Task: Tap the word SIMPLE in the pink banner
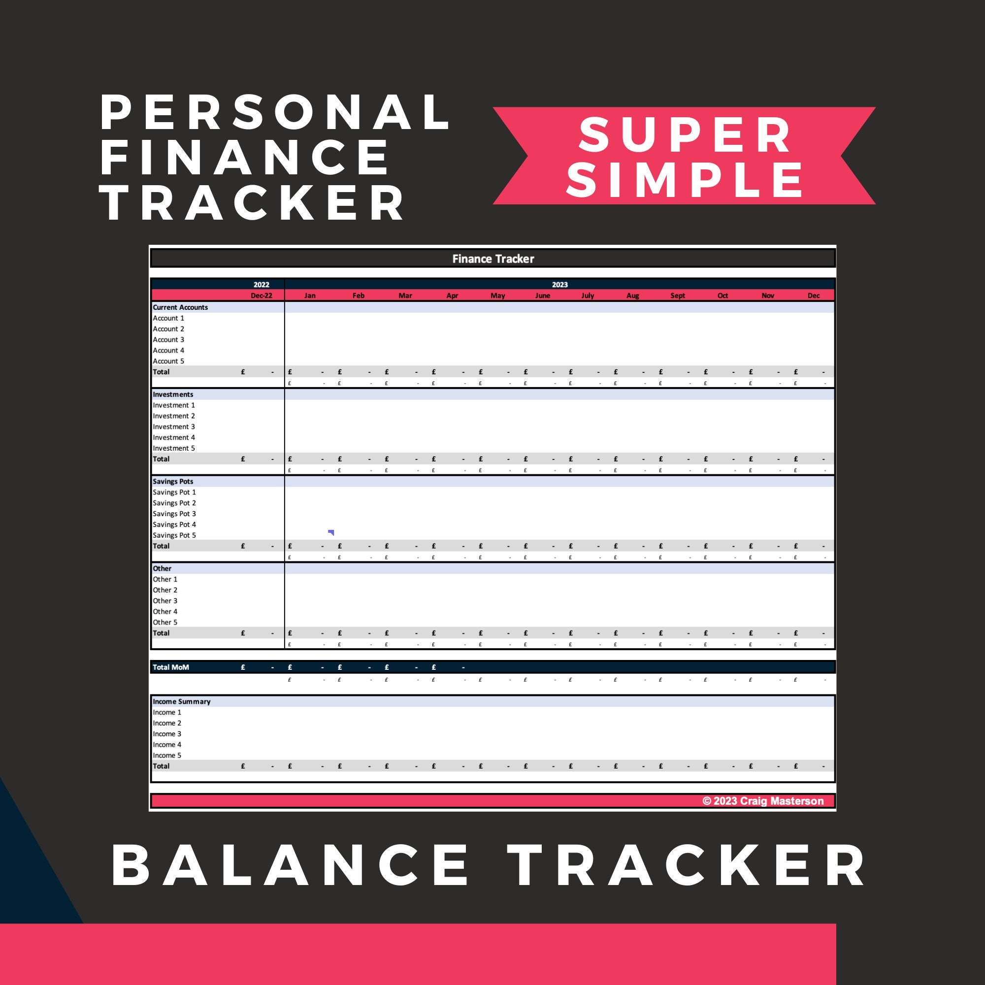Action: click(x=685, y=179)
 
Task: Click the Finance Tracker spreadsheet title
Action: click(x=493, y=259)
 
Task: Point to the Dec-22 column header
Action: click(x=261, y=295)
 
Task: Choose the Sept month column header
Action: click(x=678, y=295)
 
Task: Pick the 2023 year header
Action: click(x=559, y=285)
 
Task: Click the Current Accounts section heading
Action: click(x=180, y=307)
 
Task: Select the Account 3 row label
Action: click(x=168, y=339)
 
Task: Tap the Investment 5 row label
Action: click(x=174, y=448)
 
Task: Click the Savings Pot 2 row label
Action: click(x=174, y=503)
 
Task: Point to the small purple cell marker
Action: click(x=331, y=532)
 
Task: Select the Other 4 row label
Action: click(x=165, y=611)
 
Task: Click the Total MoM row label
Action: click(x=171, y=667)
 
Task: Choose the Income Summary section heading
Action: click(x=182, y=701)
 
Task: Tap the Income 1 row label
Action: click(x=167, y=712)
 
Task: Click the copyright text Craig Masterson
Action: click(x=763, y=801)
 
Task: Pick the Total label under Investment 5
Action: click(x=161, y=459)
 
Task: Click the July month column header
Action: click(x=588, y=295)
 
